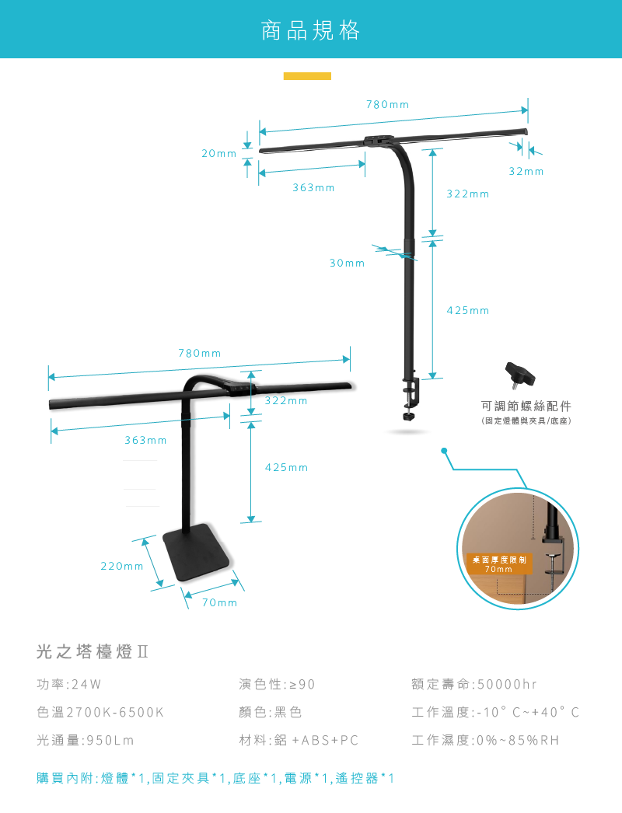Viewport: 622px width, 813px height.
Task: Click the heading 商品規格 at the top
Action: point(311,31)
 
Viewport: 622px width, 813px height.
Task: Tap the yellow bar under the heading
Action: point(307,76)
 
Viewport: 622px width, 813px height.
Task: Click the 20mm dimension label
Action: point(218,154)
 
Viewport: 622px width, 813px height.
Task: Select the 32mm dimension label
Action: point(526,171)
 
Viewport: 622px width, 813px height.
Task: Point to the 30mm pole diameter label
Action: point(347,263)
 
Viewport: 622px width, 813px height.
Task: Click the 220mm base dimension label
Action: point(122,567)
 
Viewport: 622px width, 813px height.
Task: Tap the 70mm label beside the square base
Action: point(219,603)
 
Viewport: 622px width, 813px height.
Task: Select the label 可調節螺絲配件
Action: point(526,406)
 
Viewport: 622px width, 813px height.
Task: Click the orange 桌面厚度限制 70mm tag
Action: point(498,564)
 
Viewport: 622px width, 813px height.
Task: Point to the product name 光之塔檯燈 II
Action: point(92,652)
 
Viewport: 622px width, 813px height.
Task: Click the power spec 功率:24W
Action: point(69,685)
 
